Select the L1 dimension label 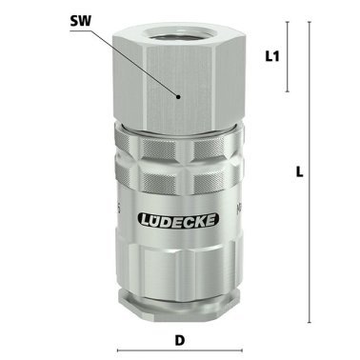[x=270, y=57]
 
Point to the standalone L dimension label [x=299, y=172]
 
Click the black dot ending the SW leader [x=178, y=96]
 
